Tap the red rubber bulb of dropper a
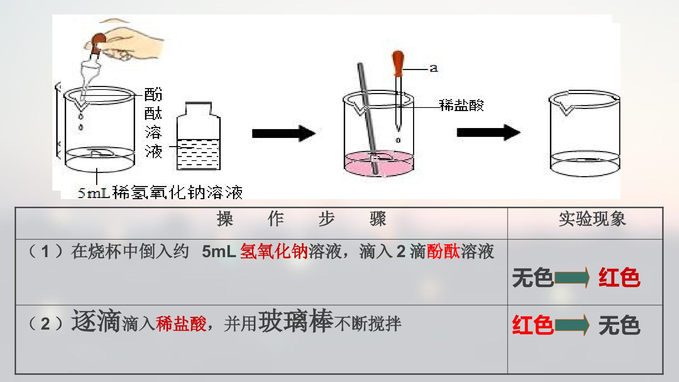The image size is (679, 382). point(398,64)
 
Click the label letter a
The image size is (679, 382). point(434,68)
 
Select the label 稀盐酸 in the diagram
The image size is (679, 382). point(461,105)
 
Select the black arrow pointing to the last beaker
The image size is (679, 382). point(489,133)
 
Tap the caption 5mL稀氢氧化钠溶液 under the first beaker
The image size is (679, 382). point(160,193)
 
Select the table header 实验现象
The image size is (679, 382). point(592,219)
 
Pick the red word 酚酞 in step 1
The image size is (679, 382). point(443,252)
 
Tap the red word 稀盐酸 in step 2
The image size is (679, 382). point(181,324)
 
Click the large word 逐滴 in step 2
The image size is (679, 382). point(96,321)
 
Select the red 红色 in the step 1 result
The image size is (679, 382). point(619,278)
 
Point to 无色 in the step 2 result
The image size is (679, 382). point(619,325)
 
